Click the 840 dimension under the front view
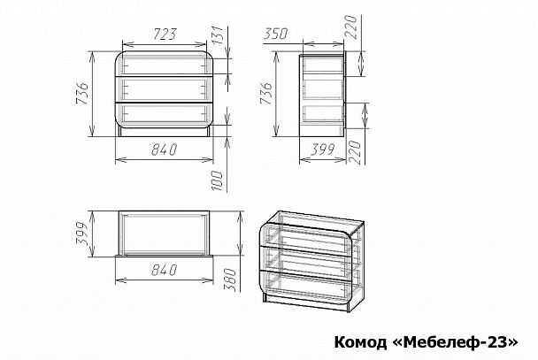pos(164,149)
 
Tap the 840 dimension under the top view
pos(164,268)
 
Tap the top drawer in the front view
pos(165,65)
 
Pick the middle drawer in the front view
pos(165,90)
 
